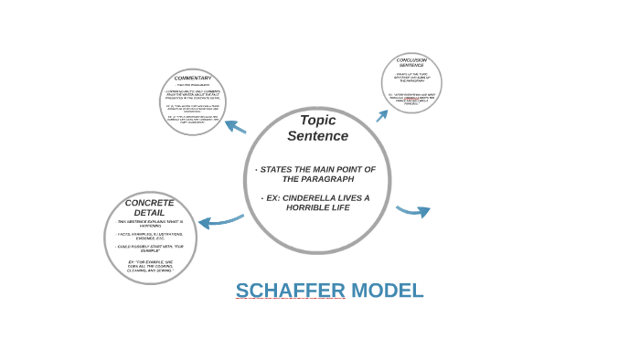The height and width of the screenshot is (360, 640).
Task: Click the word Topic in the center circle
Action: tap(317, 120)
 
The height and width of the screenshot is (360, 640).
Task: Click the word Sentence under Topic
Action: tap(317, 136)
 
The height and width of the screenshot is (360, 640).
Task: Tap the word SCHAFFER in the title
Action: tap(290, 291)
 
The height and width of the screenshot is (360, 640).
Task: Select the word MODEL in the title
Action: tap(387, 291)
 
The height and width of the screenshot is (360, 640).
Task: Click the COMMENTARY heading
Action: tap(193, 78)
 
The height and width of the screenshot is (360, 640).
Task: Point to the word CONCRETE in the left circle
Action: tap(149, 203)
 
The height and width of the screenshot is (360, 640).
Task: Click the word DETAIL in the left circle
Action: tap(149, 213)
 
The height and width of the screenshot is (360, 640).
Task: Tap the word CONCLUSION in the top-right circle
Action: tap(411, 60)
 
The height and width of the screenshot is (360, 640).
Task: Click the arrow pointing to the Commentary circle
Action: tap(235, 126)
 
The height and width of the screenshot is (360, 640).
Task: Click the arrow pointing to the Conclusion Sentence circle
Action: tap(382, 115)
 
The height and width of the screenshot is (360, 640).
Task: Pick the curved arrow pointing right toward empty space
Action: tap(414, 211)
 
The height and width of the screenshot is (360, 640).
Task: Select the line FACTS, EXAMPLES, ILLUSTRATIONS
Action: tap(150, 234)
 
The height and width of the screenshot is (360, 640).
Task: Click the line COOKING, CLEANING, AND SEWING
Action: tap(150, 270)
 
